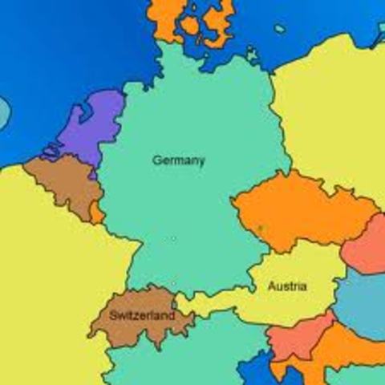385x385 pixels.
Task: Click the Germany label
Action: [x=178, y=160]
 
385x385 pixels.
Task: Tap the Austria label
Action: [x=285, y=286]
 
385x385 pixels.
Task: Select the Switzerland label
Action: [x=141, y=316]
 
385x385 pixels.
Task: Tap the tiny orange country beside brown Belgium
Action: [x=97, y=213]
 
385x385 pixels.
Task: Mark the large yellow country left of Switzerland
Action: [x=48, y=281]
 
